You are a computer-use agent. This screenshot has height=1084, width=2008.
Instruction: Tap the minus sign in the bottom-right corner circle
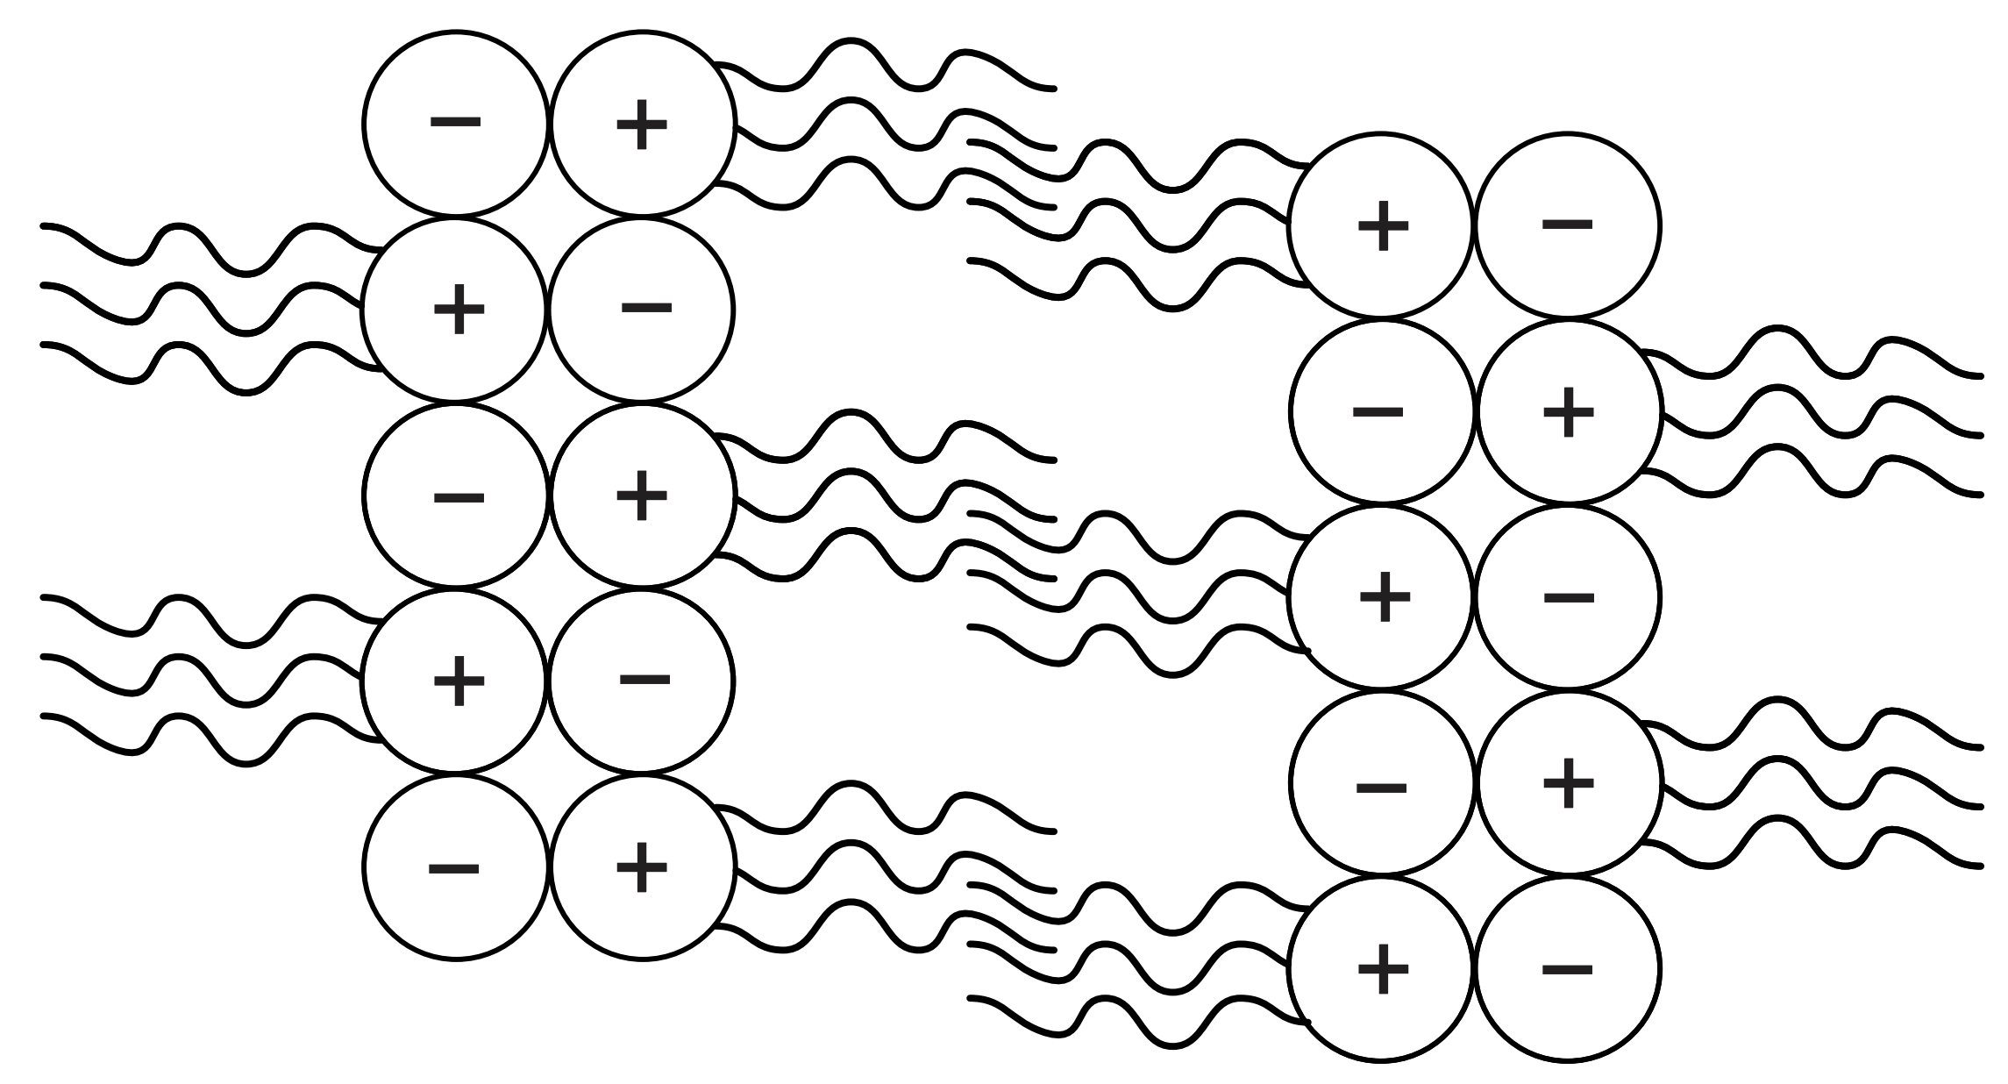pyautogui.click(x=1566, y=969)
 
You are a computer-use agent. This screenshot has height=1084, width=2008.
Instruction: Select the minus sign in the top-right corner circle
pyautogui.click(x=1566, y=225)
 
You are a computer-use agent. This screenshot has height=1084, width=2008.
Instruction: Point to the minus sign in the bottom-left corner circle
pyautogui.click(x=454, y=868)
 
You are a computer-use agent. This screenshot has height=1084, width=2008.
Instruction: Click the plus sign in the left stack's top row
pyautogui.click(x=642, y=125)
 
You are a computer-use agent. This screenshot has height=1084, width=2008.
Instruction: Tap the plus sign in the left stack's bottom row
pyautogui.click(x=642, y=867)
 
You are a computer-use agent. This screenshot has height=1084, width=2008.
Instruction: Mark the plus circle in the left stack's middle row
pyautogui.click(x=642, y=496)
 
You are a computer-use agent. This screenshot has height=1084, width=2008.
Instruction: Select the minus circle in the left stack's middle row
pyautogui.click(x=456, y=496)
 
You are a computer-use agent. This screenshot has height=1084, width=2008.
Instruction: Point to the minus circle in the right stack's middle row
pyautogui.click(x=1568, y=597)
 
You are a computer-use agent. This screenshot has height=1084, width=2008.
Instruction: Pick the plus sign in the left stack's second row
pyautogui.click(x=459, y=309)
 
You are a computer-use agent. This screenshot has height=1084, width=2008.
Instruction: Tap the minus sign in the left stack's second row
pyautogui.click(x=646, y=308)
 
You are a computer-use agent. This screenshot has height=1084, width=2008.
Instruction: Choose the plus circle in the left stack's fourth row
pyautogui.click(x=459, y=681)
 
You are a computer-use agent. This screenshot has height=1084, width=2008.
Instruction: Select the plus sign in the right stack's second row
pyautogui.click(x=1568, y=412)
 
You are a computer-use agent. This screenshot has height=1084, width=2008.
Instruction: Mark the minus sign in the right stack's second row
pyautogui.click(x=1378, y=411)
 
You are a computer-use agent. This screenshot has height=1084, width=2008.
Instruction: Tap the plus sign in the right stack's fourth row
pyautogui.click(x=1568, y=783)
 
